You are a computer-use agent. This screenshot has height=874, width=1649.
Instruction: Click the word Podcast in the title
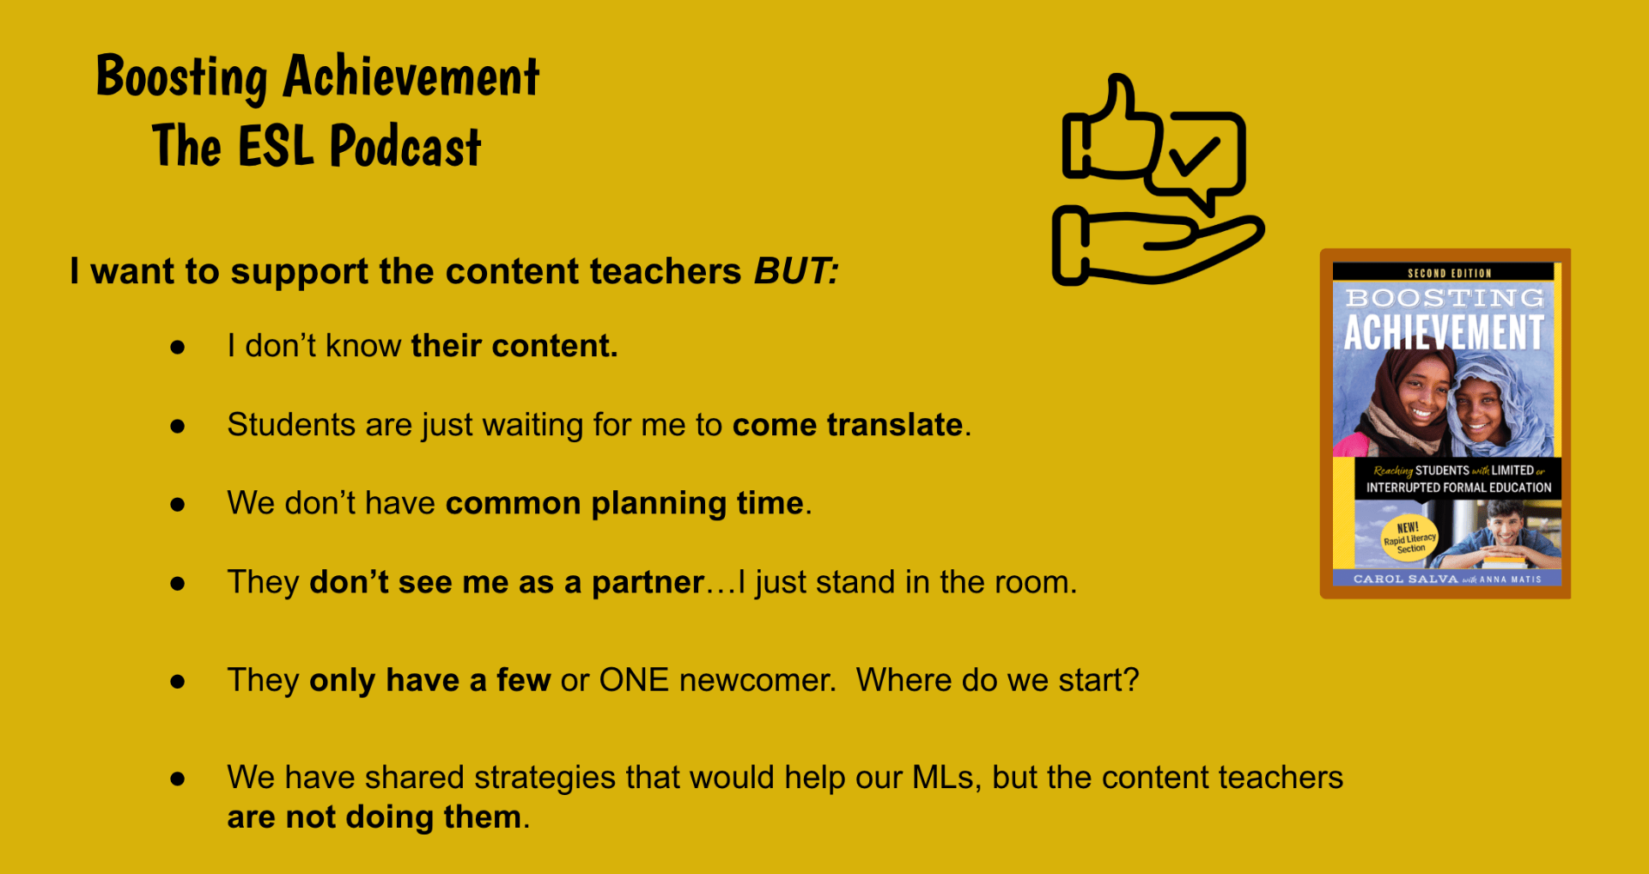click(x=405, y=146)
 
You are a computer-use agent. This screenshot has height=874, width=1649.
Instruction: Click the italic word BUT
click(x=795, y=271)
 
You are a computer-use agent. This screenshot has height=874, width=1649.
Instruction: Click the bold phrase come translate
click(x=848, y=425)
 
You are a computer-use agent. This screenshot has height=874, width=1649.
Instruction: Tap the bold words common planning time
click(x=624, y=504)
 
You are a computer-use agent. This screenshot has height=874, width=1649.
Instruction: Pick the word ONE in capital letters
click(x=634, y=680)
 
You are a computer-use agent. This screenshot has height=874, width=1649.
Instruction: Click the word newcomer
click(x=756, y=680)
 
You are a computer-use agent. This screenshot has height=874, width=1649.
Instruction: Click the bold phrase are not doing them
click(x=374, y=816)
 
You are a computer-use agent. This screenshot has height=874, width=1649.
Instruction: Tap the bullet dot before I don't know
click(x=178, y=347)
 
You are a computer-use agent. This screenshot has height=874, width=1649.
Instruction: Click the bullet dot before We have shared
click(x=178, y=779)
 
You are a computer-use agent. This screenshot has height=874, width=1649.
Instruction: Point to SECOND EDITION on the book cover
click(x=1450, y=273)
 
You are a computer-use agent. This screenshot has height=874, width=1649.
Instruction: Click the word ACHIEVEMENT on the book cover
click(x=1444, y=332)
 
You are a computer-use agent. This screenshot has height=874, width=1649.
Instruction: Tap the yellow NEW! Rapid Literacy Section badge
click(x=1409, y=538)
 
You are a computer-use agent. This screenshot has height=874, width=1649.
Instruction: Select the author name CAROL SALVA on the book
click(x=1406, y=579)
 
